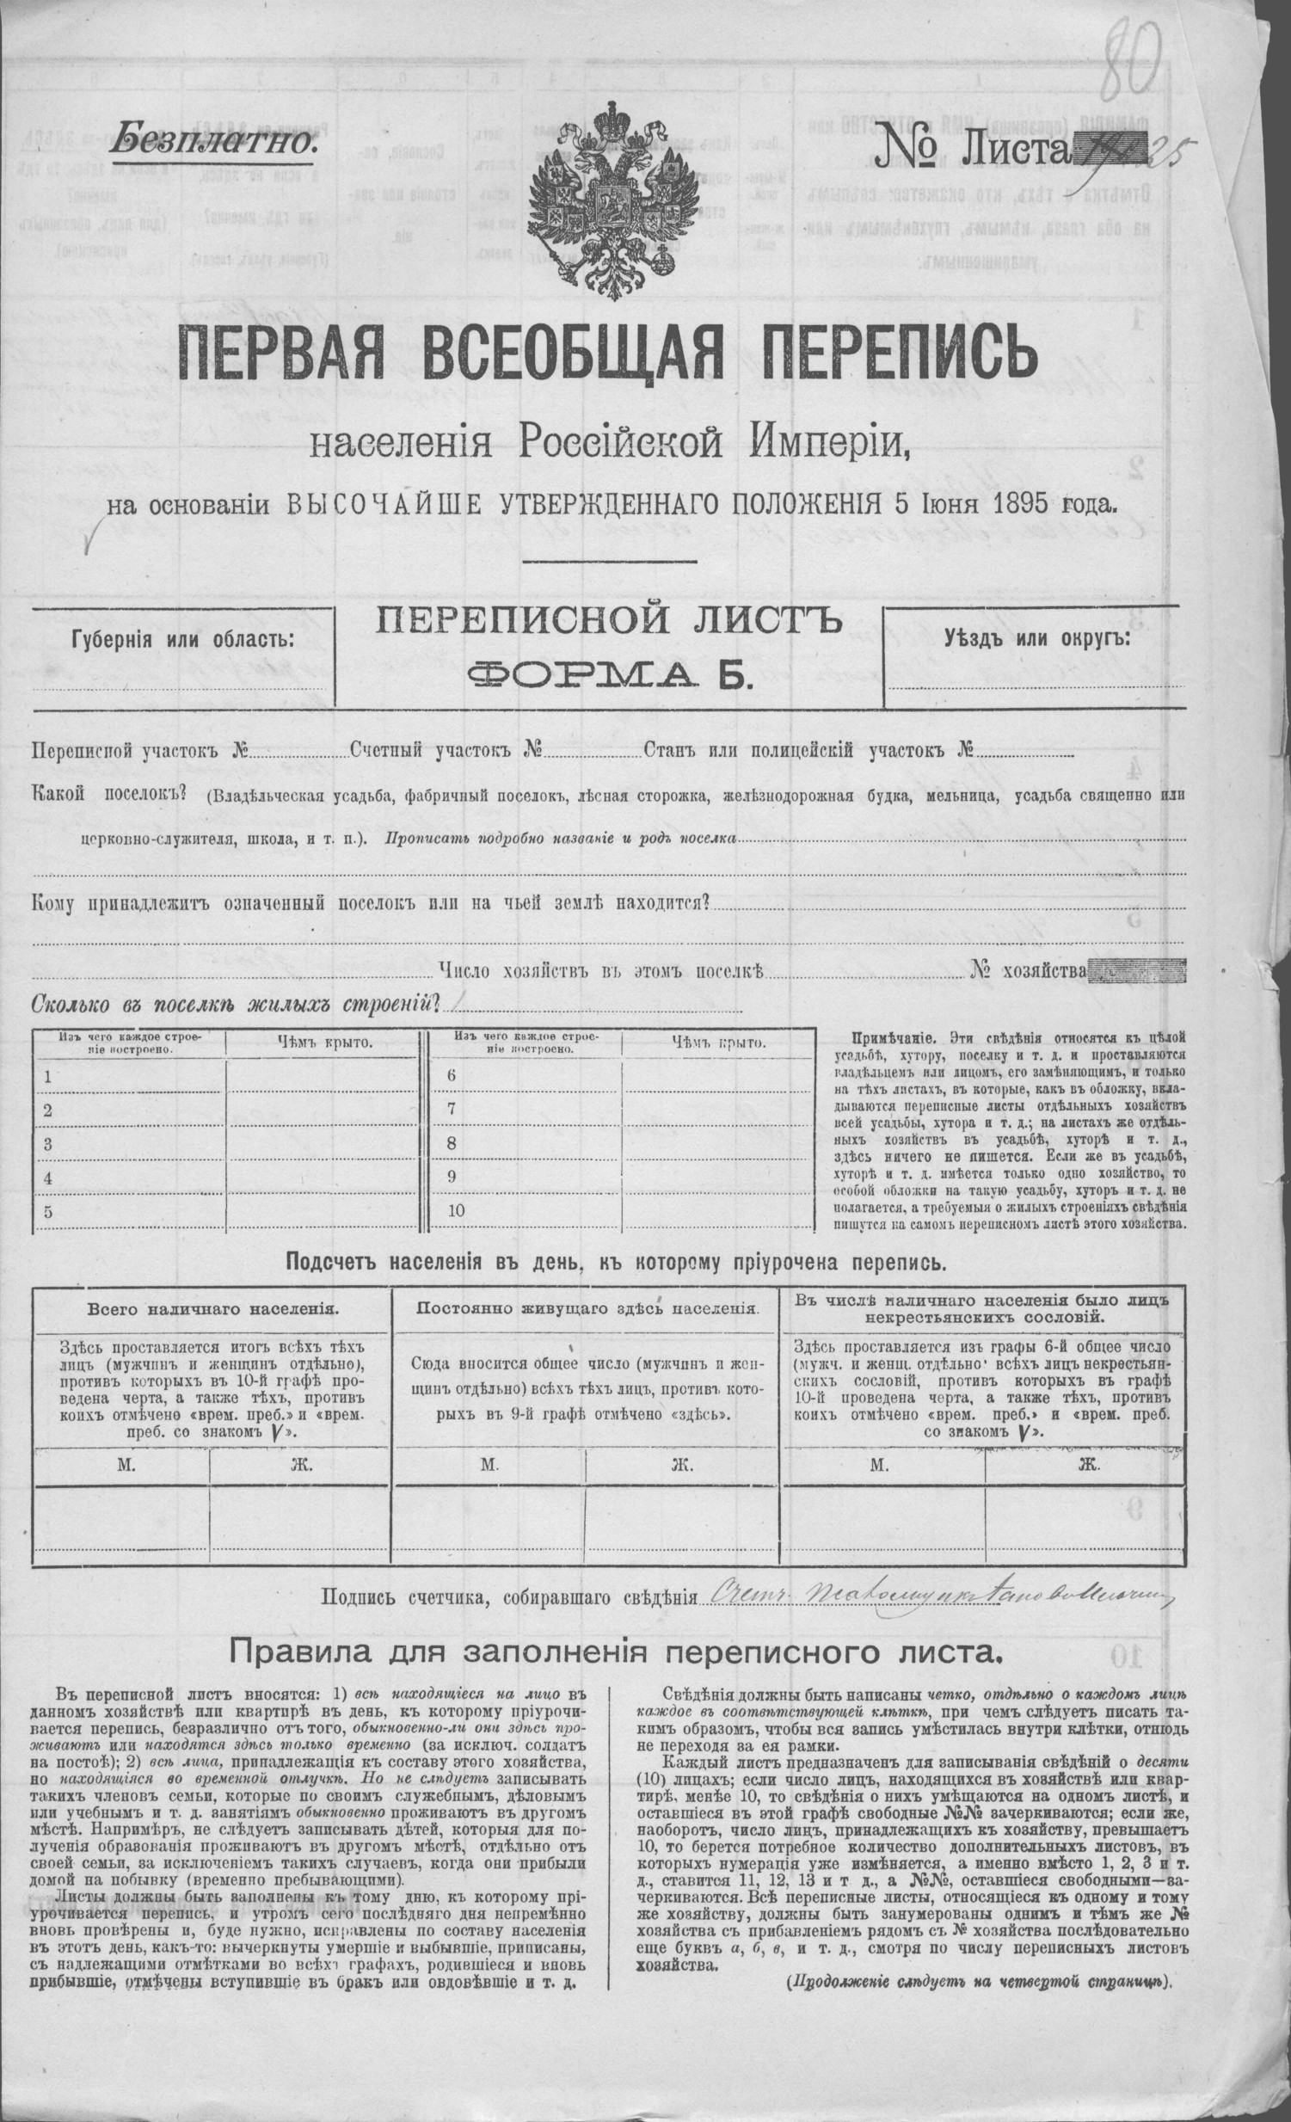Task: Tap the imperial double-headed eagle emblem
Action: [612, 199]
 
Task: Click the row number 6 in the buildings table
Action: [452, 1075]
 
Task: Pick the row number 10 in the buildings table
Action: [456, 1210]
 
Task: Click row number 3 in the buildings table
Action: [48, 1144]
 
